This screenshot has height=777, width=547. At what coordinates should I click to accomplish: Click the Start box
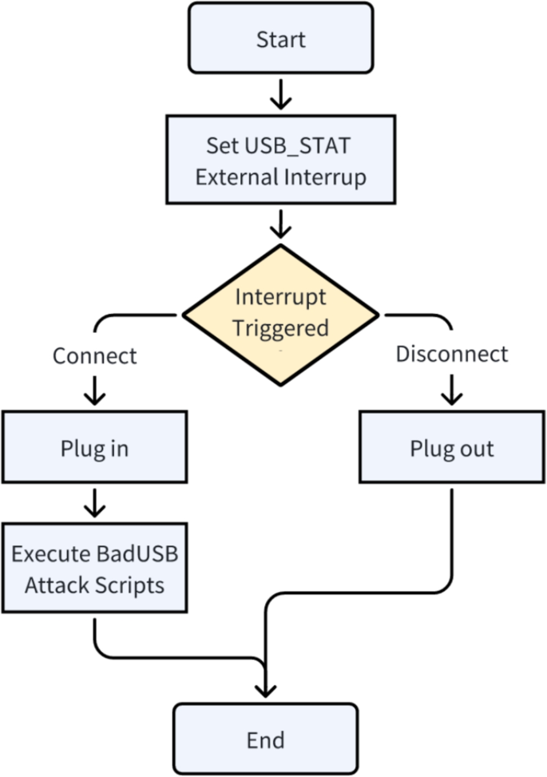point(280,38)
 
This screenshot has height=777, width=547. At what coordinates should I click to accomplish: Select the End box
point(265,739)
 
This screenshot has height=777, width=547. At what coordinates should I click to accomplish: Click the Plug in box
point(94,448)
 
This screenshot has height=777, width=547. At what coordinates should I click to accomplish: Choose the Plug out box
point(451,448)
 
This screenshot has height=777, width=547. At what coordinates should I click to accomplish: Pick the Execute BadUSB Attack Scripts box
point(94,568)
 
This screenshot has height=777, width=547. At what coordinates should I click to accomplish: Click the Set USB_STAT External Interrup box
point(280,161)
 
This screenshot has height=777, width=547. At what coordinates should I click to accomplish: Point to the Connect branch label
point(94,355)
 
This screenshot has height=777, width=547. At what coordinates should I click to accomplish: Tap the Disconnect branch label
point(452,353)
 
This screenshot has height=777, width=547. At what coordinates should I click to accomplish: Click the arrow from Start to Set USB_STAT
point(280,94)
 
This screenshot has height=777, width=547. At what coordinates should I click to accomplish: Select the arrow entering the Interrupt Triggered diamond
point(280,226)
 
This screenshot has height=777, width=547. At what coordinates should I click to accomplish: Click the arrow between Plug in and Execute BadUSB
point(94,504)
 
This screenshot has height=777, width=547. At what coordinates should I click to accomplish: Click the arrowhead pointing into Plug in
point(94,394)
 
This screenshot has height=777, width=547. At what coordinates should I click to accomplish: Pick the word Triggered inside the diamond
point(280,327)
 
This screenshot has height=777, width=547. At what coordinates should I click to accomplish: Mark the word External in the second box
point(234,176)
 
